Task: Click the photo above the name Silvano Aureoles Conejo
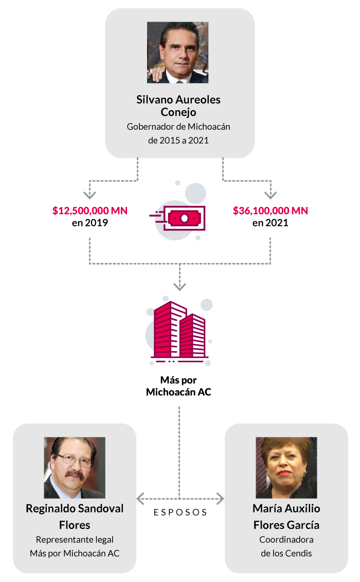pos(178,52)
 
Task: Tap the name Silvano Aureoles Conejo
pos(178,105)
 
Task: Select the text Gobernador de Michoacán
pos(178,127)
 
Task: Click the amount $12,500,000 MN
pos(90,210)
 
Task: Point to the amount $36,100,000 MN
pos(270,210)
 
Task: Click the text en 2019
pos(90,223)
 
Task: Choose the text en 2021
pos(270,223)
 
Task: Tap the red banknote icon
pos(184,218)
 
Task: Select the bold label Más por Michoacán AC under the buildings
pos(178,386)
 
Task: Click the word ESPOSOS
pos(180,513)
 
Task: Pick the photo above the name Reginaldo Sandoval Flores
pos(75,468)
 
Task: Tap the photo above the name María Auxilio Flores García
pos(286,468)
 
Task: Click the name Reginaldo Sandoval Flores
pos(75,517)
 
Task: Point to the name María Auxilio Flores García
pos(286,517)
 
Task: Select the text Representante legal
pos(75,540)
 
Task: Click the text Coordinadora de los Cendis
pos(286,546)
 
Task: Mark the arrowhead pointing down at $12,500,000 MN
pos(90,195)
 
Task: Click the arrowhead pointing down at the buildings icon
pos(179,287)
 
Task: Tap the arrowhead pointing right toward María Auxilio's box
pos(220,498)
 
